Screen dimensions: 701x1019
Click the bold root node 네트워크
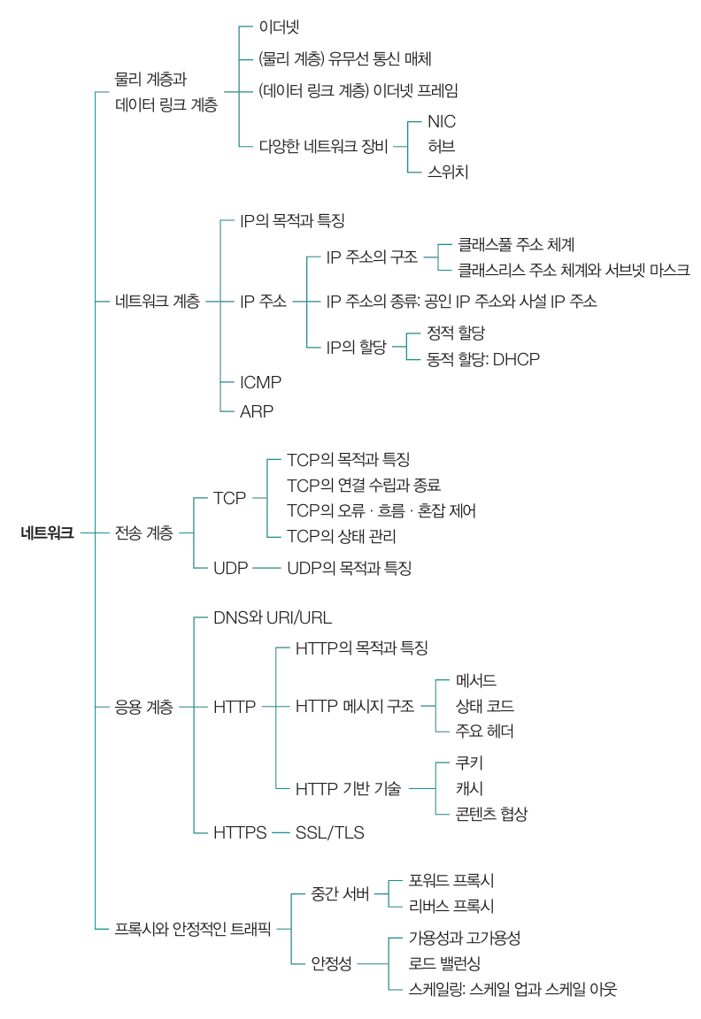(x=47, y=532)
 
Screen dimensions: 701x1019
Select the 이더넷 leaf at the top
(x=279, y=27)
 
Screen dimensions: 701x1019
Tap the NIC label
(x=442, y=121)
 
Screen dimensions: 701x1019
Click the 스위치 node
(x=447, y=172)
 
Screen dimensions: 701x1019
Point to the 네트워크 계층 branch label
(x=158, y=302)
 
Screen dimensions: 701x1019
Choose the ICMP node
(x=260, y=382)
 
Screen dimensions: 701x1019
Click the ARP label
(x=256, y=411)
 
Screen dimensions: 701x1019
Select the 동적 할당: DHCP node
(x=483, y=359)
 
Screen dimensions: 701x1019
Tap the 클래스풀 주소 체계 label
(x=516, y=245)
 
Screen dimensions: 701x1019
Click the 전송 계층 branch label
(x=143, y=532)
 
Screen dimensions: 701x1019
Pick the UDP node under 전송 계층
(x=230, y=568)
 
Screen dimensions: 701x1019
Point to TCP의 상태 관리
(x=342, y=536)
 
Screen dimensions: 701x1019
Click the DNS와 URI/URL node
(x=273, y=617)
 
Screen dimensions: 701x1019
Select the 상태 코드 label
(x=485, y=707)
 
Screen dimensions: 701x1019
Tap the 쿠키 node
(x=469, y=763)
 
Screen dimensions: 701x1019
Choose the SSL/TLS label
(x=329, y=832)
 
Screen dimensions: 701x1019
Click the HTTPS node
(x=240, y=832)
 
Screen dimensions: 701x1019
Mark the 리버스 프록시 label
(x=451, y=906)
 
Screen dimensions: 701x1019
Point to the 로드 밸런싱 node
(x=445, y=964)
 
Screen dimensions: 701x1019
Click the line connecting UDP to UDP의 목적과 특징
(x=266, y=569)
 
